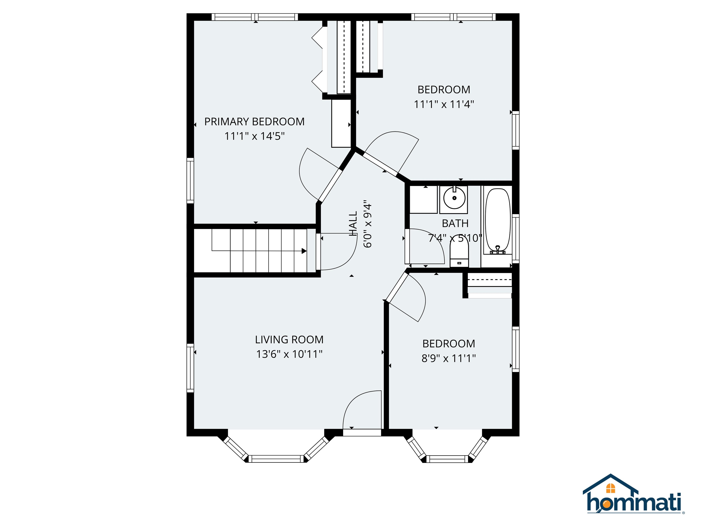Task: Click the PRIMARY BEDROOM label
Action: click(x=254, y=122)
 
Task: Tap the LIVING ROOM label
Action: click(x=289, y=340)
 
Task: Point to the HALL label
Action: click(x=353, y=224)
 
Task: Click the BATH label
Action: click(x=455, y=223)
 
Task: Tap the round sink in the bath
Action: click(x=454, y=198)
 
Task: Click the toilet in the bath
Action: click(x=459, y=252)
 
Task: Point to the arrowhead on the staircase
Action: click(x=304, y=251)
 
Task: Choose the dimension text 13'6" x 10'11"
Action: click(x=289, y=354)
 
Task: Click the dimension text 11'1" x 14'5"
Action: click(x=254, y=136)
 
